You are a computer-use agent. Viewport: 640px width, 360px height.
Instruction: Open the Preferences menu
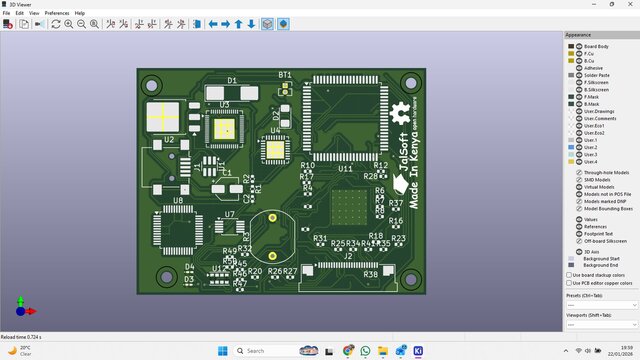coord(56,13)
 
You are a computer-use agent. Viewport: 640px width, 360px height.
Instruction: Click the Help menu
coord(80,13)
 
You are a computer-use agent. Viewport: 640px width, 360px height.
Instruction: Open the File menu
coord(6,13)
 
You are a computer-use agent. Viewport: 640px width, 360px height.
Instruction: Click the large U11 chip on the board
coord(344,123)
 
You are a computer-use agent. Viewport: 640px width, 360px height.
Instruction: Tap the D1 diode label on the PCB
coord(232,80)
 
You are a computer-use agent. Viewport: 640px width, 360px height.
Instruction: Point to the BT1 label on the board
coord(285,75)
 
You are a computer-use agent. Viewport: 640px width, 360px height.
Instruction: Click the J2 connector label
coord(348,256)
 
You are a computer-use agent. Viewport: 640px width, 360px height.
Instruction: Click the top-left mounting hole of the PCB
coord(156,83)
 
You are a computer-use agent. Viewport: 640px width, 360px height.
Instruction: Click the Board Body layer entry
coord(595,46)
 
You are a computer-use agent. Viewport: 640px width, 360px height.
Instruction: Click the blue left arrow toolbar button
coord(212,24)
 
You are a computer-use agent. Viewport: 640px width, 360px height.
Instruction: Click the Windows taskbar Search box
coord(264,351)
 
